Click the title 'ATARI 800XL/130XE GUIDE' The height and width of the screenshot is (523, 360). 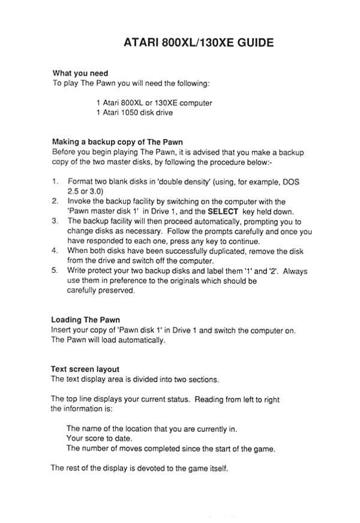199,43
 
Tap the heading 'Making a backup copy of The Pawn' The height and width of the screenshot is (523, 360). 117,142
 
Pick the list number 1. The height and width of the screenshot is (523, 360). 55,181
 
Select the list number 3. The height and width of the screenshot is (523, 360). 55,221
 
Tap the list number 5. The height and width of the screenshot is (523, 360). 55,271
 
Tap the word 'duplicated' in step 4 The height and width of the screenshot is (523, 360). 220,251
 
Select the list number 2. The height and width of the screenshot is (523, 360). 55,201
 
